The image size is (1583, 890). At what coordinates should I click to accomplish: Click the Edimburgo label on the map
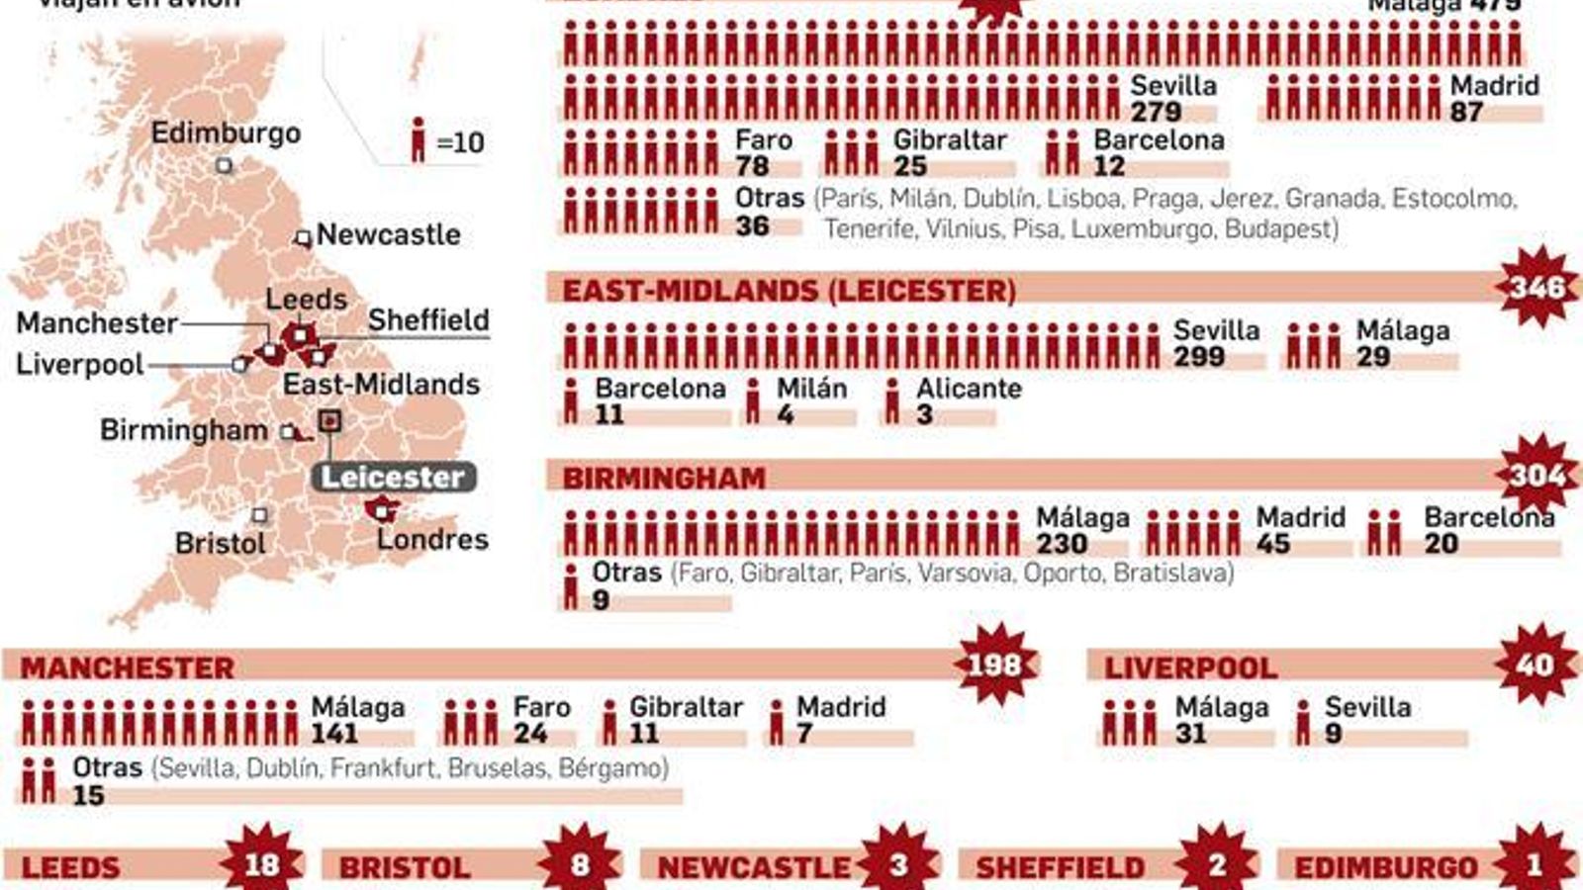tap(226, 133)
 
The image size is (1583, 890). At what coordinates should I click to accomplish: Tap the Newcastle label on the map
tap(388, 234)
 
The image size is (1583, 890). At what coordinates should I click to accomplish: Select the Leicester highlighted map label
tap(393, 477)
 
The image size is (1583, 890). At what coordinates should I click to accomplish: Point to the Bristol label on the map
tap(221, 543)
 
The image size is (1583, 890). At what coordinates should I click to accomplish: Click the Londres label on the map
tap(432, 539)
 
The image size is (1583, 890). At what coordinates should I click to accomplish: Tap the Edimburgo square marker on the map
tap(225, 165)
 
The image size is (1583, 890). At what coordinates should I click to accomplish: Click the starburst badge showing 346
tap(1537, 288)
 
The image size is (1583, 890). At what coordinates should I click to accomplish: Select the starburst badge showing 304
tap(1537, 476)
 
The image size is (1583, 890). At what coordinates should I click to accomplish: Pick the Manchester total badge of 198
tap(994, 665)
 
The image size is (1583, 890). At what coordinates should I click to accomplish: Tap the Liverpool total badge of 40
tap(1535, 665)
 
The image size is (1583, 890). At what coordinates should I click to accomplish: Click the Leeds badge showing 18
tap(262, 864)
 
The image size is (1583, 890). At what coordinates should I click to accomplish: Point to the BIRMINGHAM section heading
tap(664, 478)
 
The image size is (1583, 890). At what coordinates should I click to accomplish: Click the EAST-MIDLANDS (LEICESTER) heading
tap(789, 290)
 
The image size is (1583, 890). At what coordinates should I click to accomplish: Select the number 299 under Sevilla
tap(1199, 356)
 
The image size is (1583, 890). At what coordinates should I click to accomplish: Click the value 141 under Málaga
tap(334, 733)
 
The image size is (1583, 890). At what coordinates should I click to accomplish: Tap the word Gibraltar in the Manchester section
tap(686, 707)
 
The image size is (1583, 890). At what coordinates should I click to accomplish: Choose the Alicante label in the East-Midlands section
tap(969, 389)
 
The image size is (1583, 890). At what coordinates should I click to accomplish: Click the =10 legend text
tap(460, 142)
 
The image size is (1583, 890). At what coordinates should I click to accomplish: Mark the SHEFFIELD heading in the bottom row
tap(1060, 867)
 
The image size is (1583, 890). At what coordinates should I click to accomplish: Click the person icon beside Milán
tap(754, 401)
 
